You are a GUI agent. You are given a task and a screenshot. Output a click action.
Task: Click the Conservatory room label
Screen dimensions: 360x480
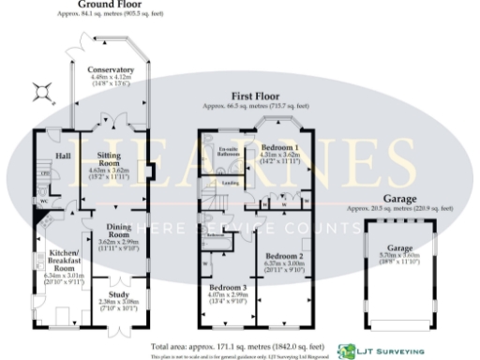pos(112,70)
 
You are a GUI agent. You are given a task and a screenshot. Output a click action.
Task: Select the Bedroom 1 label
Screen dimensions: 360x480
pos(280,148)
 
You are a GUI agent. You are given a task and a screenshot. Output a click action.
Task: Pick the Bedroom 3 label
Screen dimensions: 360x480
pos(228,287)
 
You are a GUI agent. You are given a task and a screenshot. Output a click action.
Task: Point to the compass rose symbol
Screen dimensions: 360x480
pos(41,91)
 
